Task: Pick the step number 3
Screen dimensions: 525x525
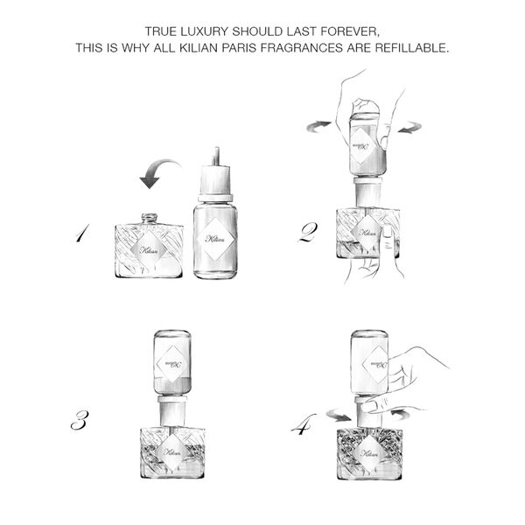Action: click(80, 421)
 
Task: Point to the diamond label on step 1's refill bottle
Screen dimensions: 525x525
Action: click(213, 238)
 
